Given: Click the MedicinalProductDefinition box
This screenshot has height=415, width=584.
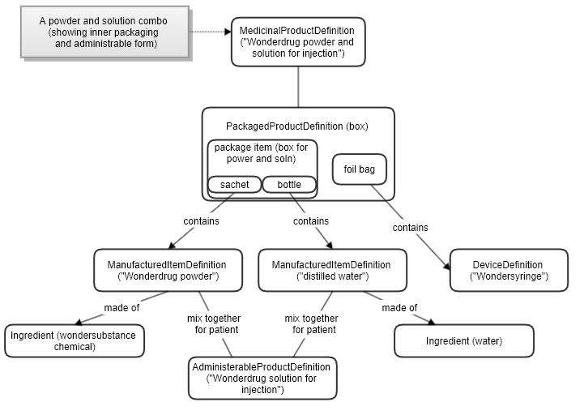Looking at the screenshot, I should pos(297,42).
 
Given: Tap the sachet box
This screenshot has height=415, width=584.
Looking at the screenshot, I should pos(234,185).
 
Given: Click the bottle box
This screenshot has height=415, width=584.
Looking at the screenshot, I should pos(289,185).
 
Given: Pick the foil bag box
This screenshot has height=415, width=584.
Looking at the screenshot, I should pos(360,170).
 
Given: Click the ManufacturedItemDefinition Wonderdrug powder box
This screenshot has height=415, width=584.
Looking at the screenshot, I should pos(167,270).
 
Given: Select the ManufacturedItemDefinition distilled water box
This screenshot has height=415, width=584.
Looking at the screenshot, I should pos(330,270).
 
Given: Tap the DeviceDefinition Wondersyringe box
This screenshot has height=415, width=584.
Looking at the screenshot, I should pos(508,270).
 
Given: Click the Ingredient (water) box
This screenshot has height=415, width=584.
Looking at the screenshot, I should pos(464,340).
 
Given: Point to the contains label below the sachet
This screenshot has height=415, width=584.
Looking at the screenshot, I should pos(201,220).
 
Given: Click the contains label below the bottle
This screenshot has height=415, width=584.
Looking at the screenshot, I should pos(310,220).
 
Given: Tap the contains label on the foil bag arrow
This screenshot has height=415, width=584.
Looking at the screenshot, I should pos(410,228).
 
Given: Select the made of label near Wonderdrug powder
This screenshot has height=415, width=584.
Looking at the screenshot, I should pos(121,308).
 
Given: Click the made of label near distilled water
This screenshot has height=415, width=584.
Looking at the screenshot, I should pos(399,308).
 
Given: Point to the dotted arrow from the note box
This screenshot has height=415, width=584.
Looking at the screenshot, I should pos(211,32).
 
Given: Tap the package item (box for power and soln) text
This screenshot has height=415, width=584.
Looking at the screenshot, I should pos(262,152).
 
